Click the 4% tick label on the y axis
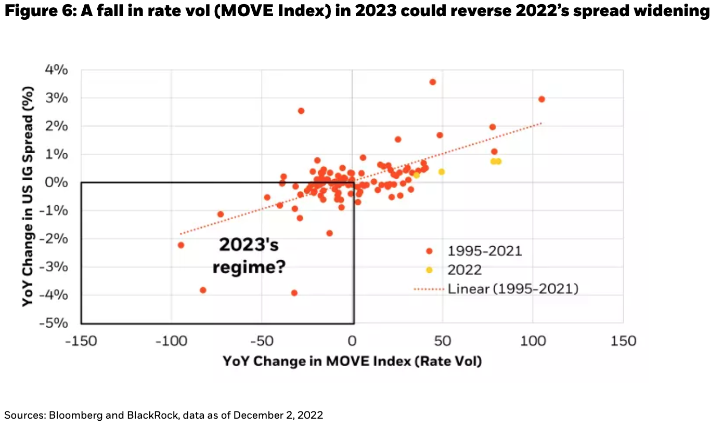56,70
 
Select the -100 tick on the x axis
171,341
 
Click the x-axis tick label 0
352,341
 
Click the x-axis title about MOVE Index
352,361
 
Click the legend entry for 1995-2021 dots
484,251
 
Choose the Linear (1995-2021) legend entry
512,288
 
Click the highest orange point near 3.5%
432,82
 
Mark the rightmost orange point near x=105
541,99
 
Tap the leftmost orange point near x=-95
181,245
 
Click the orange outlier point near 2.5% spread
301,111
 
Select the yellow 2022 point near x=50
442,171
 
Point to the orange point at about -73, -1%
220,214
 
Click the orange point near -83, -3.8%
203,290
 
